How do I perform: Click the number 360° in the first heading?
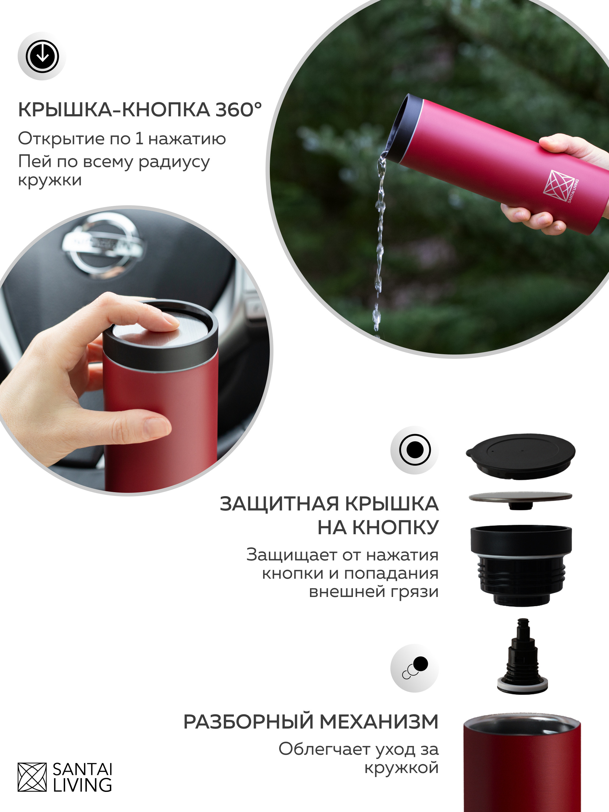(x=238, y=110)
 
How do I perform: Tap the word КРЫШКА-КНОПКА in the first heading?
(x=114, y=110)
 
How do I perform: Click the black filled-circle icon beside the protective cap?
(x=415, y=450)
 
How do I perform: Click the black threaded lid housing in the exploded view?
(x=521, y=565)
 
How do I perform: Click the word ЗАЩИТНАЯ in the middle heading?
(x=279, y=504)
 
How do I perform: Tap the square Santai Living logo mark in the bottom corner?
(x=32, y=777)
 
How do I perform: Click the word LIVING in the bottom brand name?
(x=82, y=785)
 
